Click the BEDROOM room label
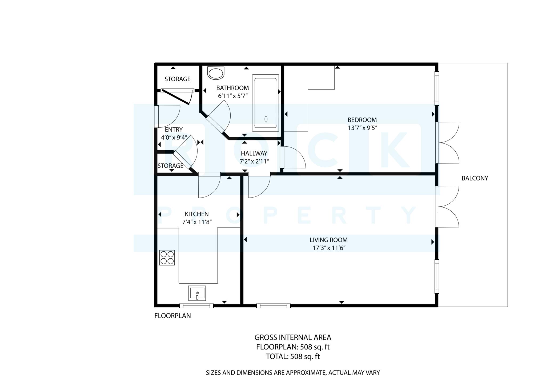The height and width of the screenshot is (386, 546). [362, 120]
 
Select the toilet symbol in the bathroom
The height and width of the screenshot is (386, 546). [216, 73]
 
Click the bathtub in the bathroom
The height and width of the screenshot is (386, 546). [266, 103]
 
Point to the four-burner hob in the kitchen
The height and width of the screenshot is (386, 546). [167, 258]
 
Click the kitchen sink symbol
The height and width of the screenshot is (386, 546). [197, 293]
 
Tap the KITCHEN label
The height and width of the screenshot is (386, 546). [197, 214]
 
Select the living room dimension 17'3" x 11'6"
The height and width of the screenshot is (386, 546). [329, 248]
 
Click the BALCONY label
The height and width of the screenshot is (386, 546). [475, 178]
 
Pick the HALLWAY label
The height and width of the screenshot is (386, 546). [254, 154]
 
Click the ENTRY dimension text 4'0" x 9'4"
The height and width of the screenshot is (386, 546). [174, 138]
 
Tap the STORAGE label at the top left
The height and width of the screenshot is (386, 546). [178, 79]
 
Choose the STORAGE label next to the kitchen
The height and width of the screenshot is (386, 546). [170, 166]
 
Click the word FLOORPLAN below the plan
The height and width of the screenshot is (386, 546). [173, 316]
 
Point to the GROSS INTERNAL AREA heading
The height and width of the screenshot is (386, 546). [293, 337]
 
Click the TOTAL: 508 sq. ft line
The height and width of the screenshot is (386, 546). [293, 356]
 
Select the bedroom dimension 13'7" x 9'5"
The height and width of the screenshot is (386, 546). [362, 128]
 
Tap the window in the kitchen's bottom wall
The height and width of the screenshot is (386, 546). [196, 306]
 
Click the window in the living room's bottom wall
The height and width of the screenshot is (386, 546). [273, 306]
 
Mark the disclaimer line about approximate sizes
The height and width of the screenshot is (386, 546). [293, 373]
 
